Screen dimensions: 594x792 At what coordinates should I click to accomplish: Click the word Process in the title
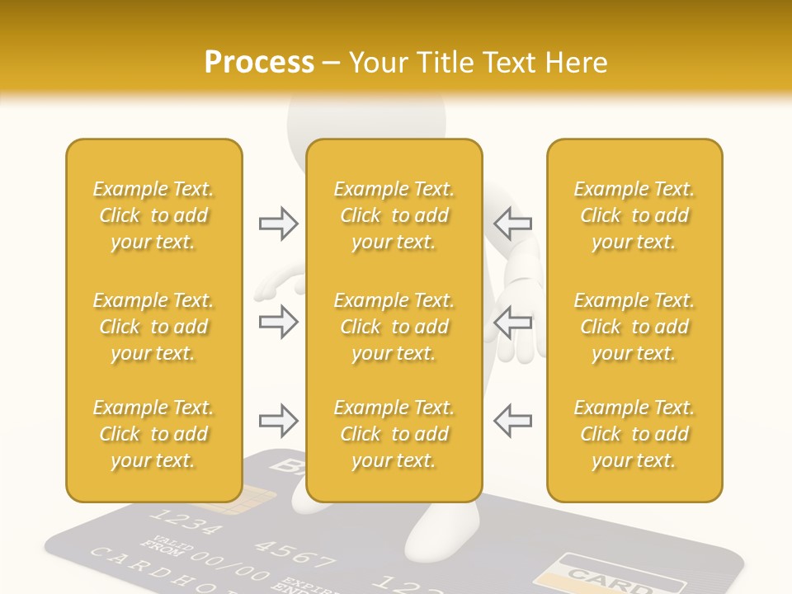(259, 62)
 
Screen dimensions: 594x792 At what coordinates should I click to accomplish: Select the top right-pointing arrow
(279, 223)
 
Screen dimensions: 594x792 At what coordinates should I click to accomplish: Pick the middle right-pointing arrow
(279, 322)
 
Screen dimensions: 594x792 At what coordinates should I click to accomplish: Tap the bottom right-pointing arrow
(279, 421)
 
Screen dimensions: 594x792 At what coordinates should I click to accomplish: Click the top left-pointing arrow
(512, 223)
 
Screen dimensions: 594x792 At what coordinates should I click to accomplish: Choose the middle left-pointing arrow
(512, 322)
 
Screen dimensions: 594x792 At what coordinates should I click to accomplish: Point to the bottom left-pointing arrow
(512, 421)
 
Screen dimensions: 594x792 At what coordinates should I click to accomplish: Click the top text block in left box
(153, 215)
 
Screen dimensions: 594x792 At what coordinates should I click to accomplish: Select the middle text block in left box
(153, 327)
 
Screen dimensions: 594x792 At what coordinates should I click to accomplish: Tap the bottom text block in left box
(153, 434)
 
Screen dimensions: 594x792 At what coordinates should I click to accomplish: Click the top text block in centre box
(394, 215)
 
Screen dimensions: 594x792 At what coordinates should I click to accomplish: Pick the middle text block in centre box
(394, 327)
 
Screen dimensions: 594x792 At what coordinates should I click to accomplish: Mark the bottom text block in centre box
(394, 434)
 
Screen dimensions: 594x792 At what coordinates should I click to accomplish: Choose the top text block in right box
(634, 215)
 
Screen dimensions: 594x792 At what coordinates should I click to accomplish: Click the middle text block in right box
(634, 327)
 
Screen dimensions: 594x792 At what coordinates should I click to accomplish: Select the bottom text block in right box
(634, 434)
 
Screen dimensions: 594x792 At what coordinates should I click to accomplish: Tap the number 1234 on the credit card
(187, 523)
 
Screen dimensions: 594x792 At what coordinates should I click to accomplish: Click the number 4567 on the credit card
(294, 552)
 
